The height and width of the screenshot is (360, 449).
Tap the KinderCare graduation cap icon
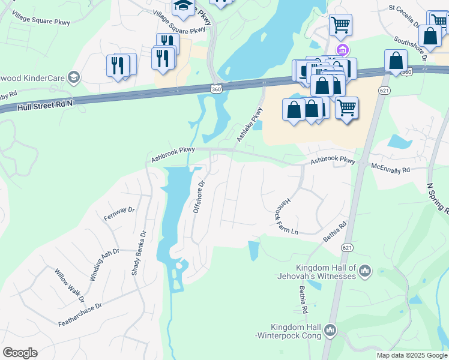(73, 77)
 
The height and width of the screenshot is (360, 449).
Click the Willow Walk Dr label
(70, 286)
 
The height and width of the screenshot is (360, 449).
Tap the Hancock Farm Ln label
(283, 215)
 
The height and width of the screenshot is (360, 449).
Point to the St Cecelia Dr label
(404, 17)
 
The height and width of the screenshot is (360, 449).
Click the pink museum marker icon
(342, 49)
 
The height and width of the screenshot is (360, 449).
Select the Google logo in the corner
(20, 353)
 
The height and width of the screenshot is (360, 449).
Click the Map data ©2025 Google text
(412, 355)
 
